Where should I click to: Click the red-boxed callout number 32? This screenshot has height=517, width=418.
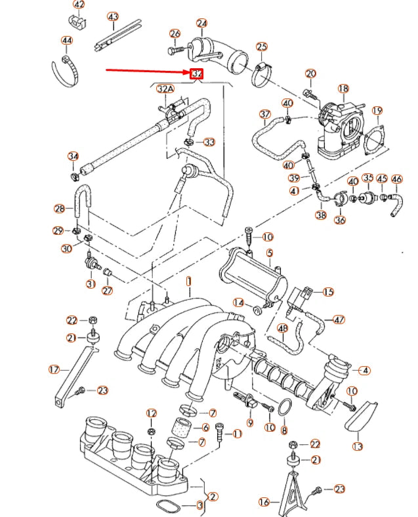[x=196, y=73]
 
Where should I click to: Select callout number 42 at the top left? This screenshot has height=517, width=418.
[x=79, y=5]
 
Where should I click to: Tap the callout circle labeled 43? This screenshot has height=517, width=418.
[x=113, y=17]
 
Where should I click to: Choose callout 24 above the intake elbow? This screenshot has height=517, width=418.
[x=201, y=24]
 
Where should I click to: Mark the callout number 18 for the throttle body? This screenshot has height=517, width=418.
[x=343, y=89]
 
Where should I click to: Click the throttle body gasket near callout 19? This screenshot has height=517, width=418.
[x=375, y=140]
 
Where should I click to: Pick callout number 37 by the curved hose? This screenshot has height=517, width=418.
[x=264, y=114]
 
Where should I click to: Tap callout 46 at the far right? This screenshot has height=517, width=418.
[x=396, y=179]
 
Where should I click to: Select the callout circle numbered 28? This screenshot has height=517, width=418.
[x=60, y=209]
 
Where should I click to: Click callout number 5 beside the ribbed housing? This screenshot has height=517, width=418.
[x=269, y=253]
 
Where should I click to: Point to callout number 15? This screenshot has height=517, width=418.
[x=327, y=292]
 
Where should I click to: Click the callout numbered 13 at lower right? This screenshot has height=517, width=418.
[x=357, y=447]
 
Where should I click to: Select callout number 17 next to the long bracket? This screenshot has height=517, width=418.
[x=54, y=369]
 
